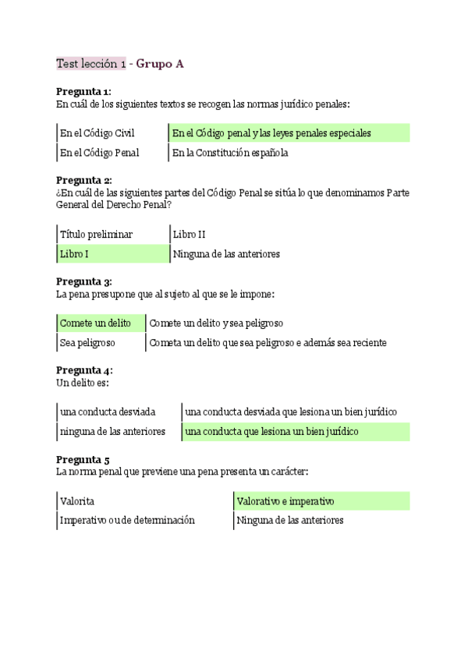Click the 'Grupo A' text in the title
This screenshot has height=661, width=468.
click(x=160, y=64)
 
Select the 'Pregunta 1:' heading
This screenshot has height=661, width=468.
click(x=84, y=91)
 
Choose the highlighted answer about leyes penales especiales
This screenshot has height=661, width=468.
click(x=271, y=133)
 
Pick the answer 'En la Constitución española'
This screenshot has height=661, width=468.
click(x=230, y=153)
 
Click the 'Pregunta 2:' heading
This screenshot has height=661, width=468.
click(x=84, y=180)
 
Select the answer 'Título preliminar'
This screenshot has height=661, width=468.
click(x=96, y=234)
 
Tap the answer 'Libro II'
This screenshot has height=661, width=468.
click(x=189, y=234)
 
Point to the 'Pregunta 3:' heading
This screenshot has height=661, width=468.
click(x=84, y=281)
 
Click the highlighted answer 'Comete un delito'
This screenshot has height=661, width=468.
click(x=95, y=323)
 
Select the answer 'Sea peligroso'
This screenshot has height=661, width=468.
click(x=87, y=342)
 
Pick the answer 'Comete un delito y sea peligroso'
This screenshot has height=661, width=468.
click(x=216, y=323)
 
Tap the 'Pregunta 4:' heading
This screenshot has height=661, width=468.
click(x=84, y=370)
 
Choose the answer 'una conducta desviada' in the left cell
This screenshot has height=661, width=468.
click(x=108, y=412)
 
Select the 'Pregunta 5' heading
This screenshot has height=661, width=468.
click(x=83, y=459)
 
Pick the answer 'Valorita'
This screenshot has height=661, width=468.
click(x=77, y=501)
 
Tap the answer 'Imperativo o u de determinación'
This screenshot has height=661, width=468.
click(x=127, y=520)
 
